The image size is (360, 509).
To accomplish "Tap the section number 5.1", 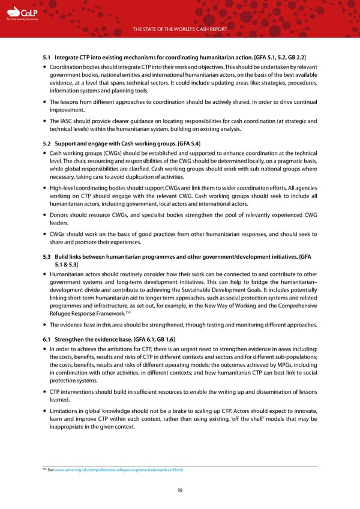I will pyautogui.click(x=47, y=58).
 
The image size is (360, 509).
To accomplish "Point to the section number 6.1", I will pyautogui.click(x=47, y=339).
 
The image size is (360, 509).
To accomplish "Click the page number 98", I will pyautogui.click(x=180, y=490).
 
